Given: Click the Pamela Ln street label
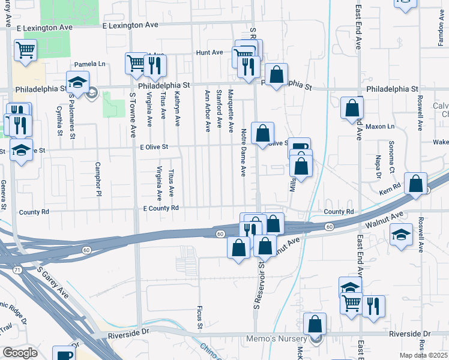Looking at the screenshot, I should coord(89,64).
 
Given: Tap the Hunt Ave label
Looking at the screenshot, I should coord(209,53).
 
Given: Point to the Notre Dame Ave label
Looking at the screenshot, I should coord(244,152).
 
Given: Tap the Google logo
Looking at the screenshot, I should coord(20,353).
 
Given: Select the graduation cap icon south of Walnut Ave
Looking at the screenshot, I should coord(401,234).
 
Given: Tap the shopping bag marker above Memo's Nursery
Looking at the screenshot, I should coord(315,324).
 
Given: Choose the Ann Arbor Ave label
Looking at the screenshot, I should coord(207,110).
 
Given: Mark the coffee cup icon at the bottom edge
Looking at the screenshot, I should coord(64,354).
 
